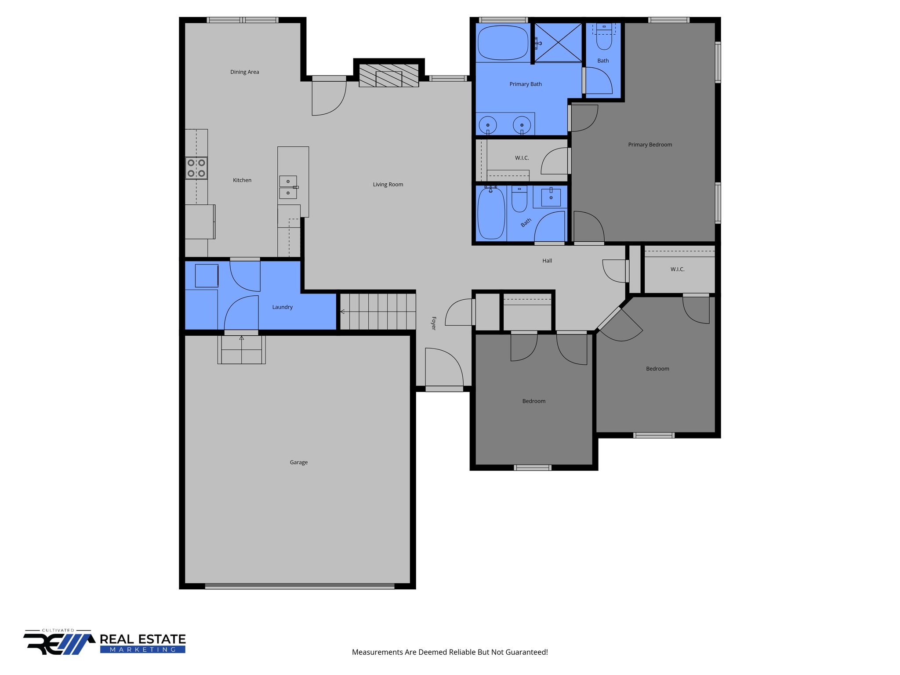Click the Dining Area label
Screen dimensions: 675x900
point(244,72)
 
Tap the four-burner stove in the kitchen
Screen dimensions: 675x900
point(196,168)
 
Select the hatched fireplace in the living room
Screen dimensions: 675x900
point(388,76)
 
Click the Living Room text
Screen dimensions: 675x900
point(388,185)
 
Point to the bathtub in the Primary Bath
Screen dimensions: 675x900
point(503,43)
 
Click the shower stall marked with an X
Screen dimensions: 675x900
point(558,43)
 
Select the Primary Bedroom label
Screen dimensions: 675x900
point(650,145)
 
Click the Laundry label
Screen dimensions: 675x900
point(282,307)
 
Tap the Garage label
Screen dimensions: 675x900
point(298,462)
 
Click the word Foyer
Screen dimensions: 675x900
point(434,323)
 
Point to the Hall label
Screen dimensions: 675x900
point(547,261)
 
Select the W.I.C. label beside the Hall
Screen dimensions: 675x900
point(677,269)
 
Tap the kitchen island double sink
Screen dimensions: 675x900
point(288,187)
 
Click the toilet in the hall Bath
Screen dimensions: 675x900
point(519,200)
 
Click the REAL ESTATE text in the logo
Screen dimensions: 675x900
point(142,639)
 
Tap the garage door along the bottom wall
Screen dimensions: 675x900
point(300,586)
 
